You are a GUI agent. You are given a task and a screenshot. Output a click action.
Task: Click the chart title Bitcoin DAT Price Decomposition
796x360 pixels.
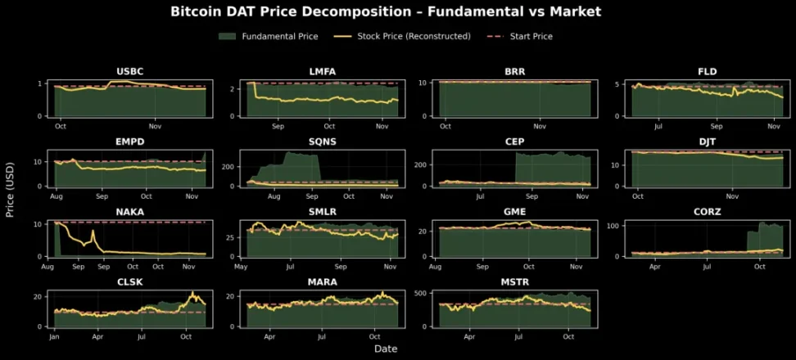point(386,11)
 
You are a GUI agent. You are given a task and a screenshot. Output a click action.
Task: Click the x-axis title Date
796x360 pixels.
point(386,349)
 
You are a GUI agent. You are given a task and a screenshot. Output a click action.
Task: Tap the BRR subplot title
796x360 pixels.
point(514,72)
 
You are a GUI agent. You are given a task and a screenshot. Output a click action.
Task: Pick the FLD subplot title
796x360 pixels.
point(707,72)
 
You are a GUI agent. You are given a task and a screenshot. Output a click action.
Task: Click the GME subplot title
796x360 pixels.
point(514,211)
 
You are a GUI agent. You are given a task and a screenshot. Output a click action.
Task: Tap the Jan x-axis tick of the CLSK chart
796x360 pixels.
point(54,336)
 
